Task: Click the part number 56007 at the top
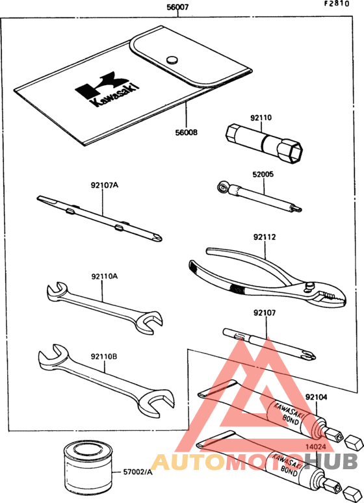click(177, 6)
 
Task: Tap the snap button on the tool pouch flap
click(172, 59)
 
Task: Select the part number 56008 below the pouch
click(186, 132)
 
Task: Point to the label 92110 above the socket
click(261, 118)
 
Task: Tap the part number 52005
click(263, 174)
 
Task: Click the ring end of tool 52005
click(222, 187)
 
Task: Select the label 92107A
click(104, 185)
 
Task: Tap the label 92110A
click(104, 276)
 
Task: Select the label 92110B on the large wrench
click(104, 356)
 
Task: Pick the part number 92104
click(316, 397)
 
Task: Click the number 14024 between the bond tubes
click(315, 446)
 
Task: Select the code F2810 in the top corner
click(337, 4)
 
